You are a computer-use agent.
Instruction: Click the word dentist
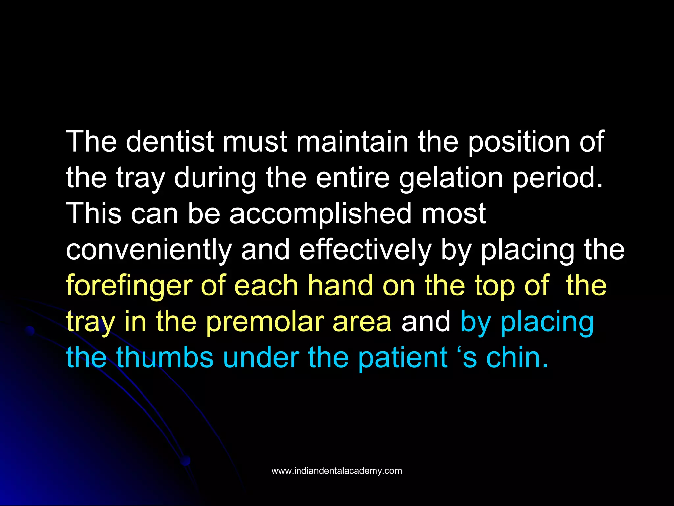[169, 142]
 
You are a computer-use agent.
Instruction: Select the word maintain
[352, 142]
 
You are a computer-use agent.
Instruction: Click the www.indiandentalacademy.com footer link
[337, 471]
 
